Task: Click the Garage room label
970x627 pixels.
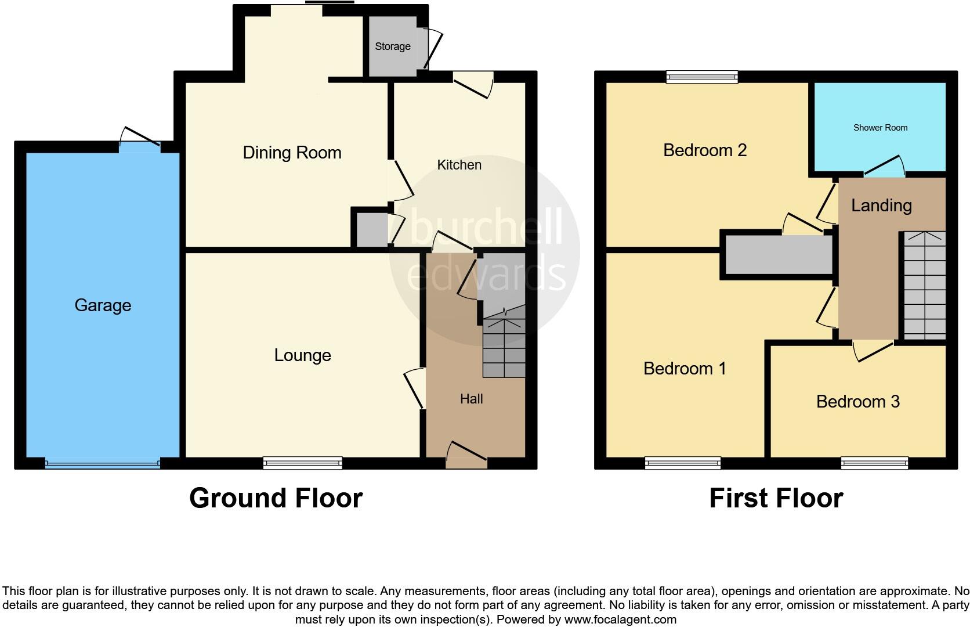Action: (x=103, y=305)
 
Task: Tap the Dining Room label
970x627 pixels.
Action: (x=292, y=153)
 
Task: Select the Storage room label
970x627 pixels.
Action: (x=392, y=46)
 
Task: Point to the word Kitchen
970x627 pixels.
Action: (x=459, y=165)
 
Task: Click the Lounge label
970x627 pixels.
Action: (x=302, y=355)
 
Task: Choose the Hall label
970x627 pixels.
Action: (x=471, y=399)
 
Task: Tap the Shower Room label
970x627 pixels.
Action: (x=880, y=128)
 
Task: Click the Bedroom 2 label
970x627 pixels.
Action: (x=704, y=150)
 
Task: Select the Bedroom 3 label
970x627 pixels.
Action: (x=857, y=402)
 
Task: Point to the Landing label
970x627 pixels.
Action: (x=881, y=206)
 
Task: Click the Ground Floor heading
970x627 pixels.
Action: (x=276, y=498)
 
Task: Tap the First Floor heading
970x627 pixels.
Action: (x=776, y=498)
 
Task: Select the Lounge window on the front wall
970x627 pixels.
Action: (x=302, y=463)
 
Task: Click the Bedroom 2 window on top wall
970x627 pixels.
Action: (x=702, y=77)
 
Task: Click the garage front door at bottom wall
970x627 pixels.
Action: (x=103, y=463)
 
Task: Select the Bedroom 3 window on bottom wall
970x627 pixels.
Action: (x=874, y=463)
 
